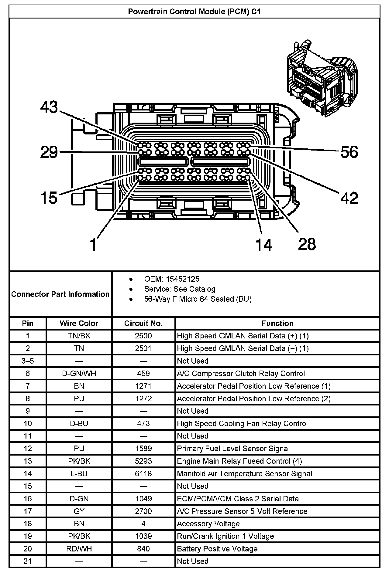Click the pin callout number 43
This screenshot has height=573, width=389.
coord(49,107)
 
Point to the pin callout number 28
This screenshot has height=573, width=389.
coord(307,244)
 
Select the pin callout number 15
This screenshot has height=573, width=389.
coord(49,198)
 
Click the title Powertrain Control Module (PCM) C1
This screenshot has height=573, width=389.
coord(194,12)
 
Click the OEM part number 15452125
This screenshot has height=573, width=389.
coord(183,279)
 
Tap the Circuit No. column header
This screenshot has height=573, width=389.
coord(143,323)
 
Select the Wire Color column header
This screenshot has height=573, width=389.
coord(79,323)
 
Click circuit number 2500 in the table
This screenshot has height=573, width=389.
coord(143,336)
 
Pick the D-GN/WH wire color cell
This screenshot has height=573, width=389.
coord(79,373)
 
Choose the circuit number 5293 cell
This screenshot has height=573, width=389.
coord(143,461)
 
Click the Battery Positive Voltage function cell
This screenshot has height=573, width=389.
coord(217,549)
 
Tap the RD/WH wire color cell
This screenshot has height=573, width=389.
coord(79,549)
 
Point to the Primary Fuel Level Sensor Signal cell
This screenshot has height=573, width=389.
coord(233,449)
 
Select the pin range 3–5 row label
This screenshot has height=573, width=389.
coord(28,361)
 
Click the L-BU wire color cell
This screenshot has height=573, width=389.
coord(79,473)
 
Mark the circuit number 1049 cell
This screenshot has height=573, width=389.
coord(143,499)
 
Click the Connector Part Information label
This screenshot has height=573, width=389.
coord(60,294)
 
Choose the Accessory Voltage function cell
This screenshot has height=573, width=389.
coord(208,524)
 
